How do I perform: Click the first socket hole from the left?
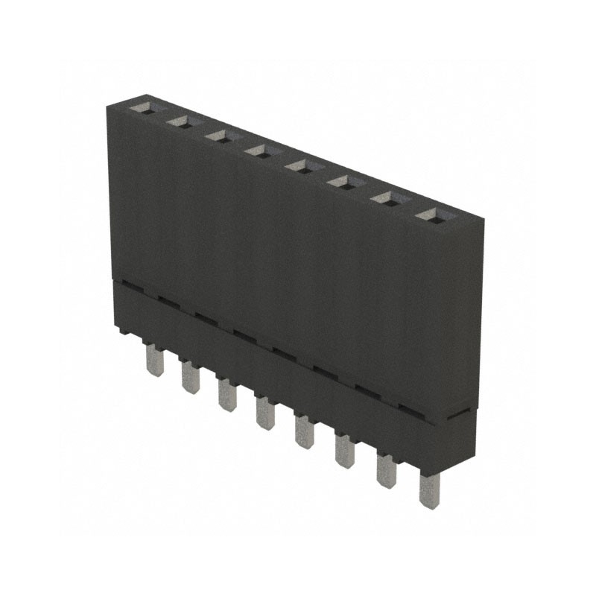(141, 107)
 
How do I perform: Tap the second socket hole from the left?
(180, 121)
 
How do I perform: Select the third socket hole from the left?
(218, 136)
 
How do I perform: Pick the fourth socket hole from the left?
(258, 151)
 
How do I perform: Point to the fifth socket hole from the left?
(299, 166)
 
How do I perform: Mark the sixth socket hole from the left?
(341, 182)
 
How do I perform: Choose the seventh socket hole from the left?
(384, 198)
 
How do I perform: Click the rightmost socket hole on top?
(428, 215)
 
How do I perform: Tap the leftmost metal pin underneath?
(154, 361)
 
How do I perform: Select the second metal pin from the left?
(189, 378)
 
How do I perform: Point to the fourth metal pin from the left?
(264, 413)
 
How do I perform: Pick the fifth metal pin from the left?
(303, 431)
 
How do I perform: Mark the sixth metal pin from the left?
(343, 451)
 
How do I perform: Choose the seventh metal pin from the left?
(385, 471)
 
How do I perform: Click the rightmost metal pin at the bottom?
(428, 491)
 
